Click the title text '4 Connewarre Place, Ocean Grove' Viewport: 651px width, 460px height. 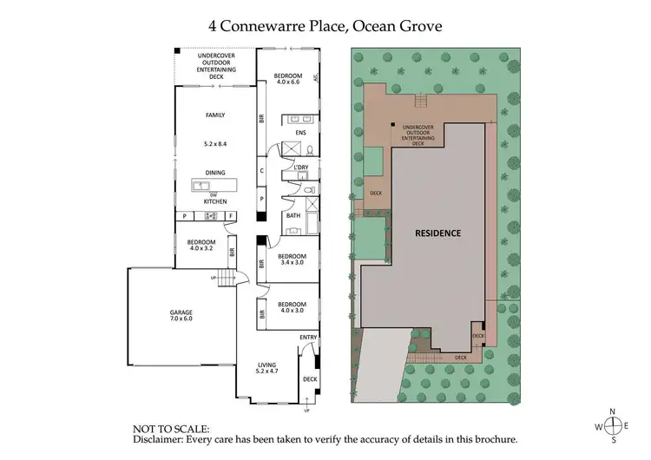pyautogui.click(x=325, y=25)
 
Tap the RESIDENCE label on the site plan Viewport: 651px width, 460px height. pyautogui.click(x=437, y=233)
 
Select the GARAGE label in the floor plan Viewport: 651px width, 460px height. pyautogui.click(x=181, y=312)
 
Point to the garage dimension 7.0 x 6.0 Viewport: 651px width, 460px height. pyautogui.click(x=181, y=319)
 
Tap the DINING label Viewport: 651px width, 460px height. pyautogui.click(x=214, y=172)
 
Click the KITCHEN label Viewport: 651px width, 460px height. pyautogui.click(x=214, y=201)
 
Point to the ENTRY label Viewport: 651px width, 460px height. pyautogui.click(x=308, y=337)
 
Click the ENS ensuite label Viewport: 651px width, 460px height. pyautogui.click(x=300, y=133)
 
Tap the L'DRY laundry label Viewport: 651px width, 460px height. pyautogui.click(x=302, y=168)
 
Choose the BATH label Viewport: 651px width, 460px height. pyautogui.click(x=293, y=215)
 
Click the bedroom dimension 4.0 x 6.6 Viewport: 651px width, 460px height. pyautogui.click(x=286, y=82)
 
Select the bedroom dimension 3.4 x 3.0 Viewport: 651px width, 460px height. pyautogui.click(x=291, y=264)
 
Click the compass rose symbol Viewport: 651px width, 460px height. pyautogui.click(x=614, y=425)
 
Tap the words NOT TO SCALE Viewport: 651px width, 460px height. pyautogui.click(x=171, y=429)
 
